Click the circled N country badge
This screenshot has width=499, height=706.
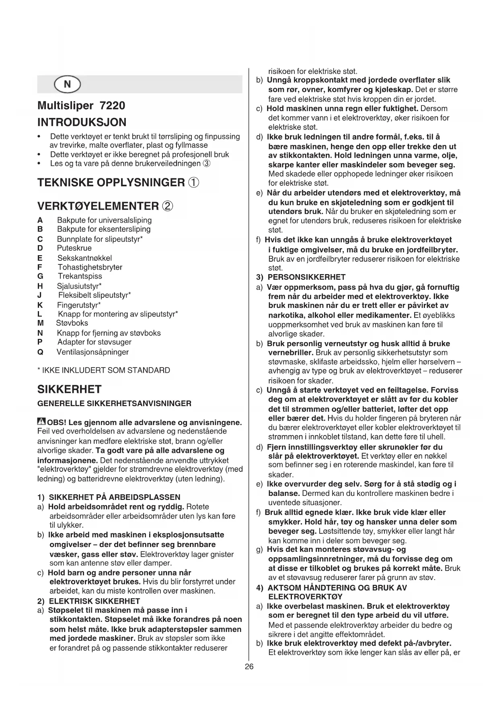[x=67, y=85]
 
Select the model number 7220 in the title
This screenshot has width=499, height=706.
[x=112, y=106]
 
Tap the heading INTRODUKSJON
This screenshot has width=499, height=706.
[x=82, y=122]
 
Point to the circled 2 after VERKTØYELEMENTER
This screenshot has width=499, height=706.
[x=167, y=206]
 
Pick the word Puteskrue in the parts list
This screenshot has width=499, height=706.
[x=74, y=248]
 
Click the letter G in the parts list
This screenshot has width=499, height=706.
[x=40, y=277]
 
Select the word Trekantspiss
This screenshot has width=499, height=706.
[x=80, y=277]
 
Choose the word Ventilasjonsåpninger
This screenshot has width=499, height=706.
[x=93, y=352]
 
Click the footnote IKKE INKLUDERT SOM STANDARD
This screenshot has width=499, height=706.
[x=106, y=370]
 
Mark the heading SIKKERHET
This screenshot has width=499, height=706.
[x=69, y=390]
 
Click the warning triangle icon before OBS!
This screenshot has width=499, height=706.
[x=41, y=422]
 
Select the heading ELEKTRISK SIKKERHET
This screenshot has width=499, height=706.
[x=94, y=601]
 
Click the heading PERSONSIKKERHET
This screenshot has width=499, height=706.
[x=306, y=277]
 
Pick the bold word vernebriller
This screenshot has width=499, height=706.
[x=291, y=353]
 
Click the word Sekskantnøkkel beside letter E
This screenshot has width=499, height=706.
[x=84, y=258]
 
